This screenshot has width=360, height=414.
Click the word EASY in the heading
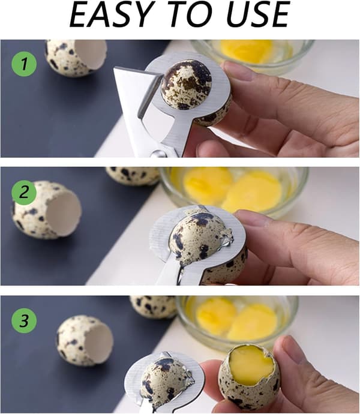(110, 14)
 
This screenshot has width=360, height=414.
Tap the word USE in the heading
(257, 14)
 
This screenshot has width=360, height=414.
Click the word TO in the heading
(190, 14)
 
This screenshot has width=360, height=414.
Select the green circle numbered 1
(24, 64)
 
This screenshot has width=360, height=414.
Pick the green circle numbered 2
(24, 193)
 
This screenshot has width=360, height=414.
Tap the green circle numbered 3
(24, 321)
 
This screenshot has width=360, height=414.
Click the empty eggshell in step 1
(76, 58)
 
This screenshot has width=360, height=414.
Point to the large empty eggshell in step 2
(47, 211)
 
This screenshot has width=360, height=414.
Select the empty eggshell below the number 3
(85, 341)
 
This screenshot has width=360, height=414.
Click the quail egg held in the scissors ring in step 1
(187, 85)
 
